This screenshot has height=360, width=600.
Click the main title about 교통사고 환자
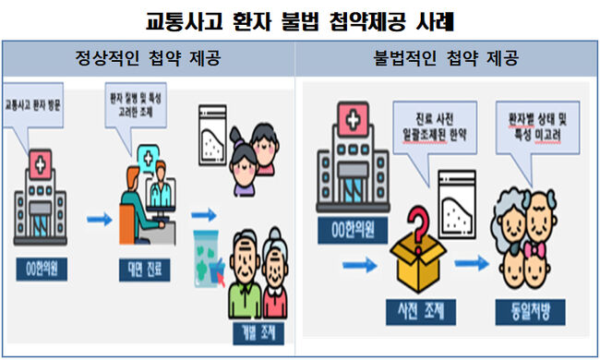300,19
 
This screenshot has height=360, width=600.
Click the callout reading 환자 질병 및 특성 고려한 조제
130,110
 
